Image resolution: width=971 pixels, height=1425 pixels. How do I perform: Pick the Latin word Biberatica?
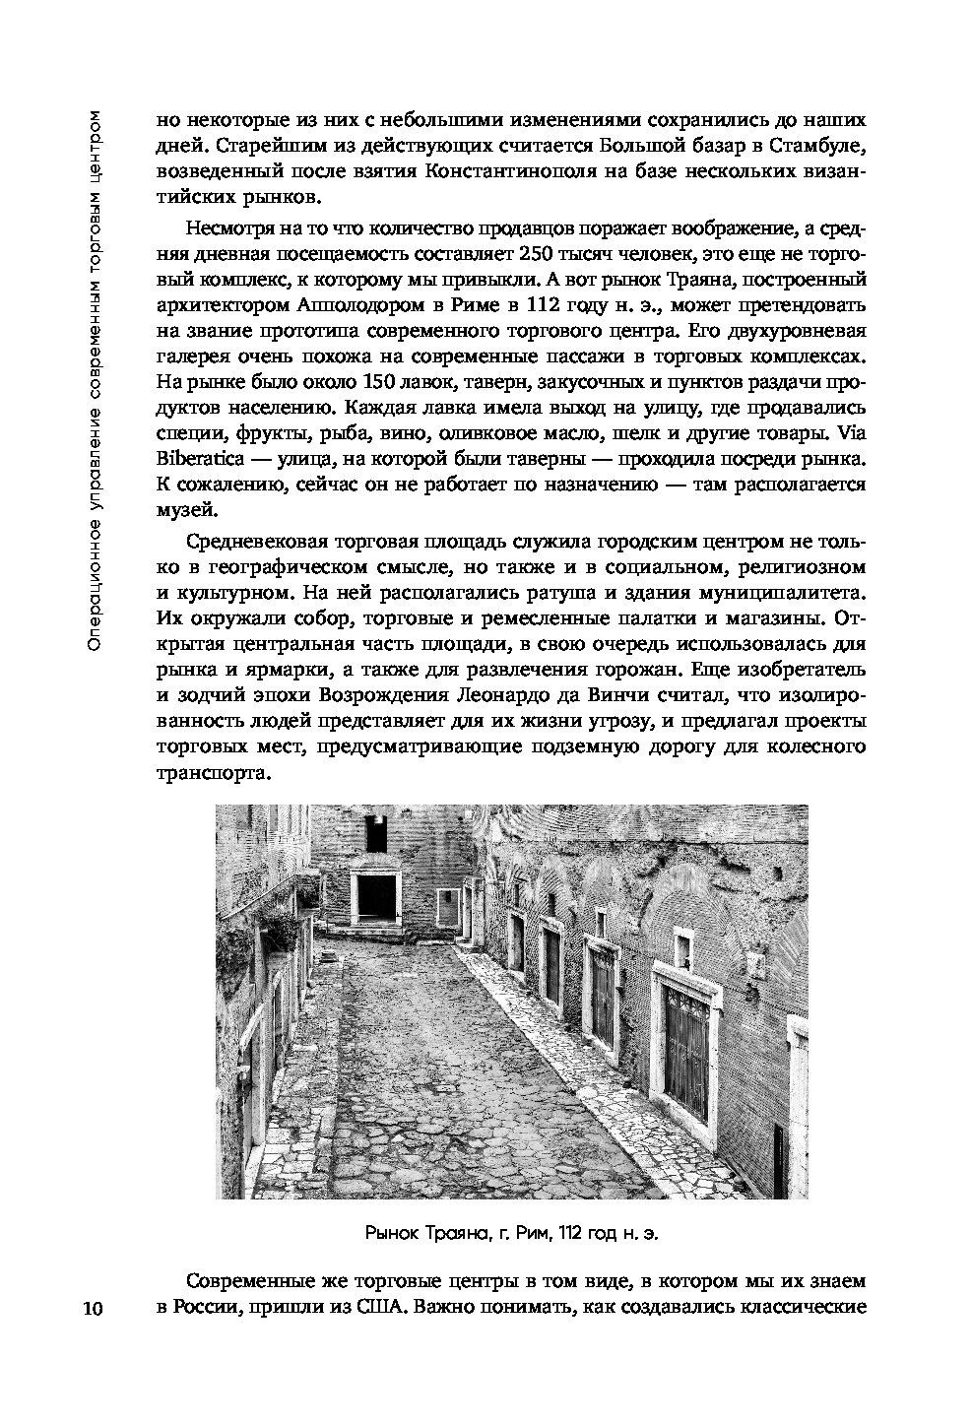(x=202, y=458)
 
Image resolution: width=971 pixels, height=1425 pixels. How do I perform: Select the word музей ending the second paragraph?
(x=184, y=509)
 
